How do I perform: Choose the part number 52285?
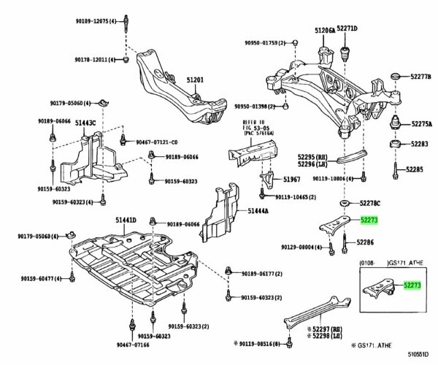(415, 170)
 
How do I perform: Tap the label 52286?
(370, 241)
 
